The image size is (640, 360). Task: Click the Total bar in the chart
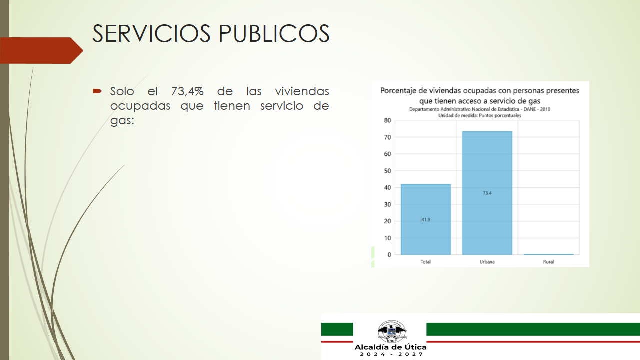(426, 219)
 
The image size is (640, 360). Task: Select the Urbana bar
(487, 193)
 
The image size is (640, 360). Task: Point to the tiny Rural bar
(549, 254)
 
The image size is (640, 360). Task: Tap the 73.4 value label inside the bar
(487, 193)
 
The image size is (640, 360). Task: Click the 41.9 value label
(426, 219)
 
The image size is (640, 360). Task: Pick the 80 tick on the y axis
(387, 120)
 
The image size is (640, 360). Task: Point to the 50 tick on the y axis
(387, 171)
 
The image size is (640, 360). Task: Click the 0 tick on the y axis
(389, 255)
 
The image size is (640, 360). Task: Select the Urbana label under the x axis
(487, 262)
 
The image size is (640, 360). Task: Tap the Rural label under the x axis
(548, 262)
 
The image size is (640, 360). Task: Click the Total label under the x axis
(425, 262)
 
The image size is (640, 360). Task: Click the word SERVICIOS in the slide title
(151, 33)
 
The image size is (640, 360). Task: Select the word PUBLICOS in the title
(274, 33)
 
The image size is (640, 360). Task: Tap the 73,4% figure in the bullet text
(187, 91)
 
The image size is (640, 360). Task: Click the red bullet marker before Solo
(97, 91)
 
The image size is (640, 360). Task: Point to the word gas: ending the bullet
(122, 121)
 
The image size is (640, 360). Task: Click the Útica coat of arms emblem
(391, 331)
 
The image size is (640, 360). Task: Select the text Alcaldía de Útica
(390, 347)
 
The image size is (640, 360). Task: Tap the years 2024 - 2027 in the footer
(391, 354)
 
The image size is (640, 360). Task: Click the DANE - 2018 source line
(480, 109)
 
